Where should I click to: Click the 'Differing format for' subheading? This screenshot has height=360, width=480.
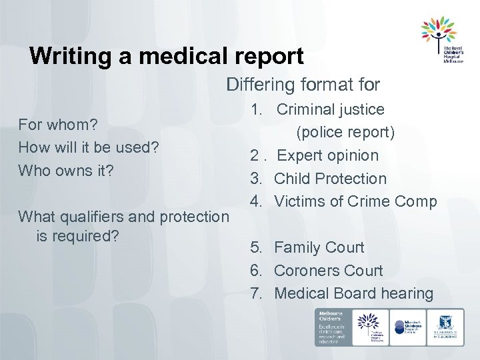[x=303, y=85]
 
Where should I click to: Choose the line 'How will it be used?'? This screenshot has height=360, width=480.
[x=88, y=147]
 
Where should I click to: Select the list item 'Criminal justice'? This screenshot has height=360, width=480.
[x=331, y=109]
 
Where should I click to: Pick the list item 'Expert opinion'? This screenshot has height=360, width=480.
[x=327, y=155]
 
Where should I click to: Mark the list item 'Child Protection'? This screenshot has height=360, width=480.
[x=330, y=179]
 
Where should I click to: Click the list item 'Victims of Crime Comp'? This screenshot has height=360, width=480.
[x=355, y=201]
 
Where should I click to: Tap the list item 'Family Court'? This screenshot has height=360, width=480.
[x=319, y=247]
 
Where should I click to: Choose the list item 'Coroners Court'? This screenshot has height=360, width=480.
[x=328, y=271]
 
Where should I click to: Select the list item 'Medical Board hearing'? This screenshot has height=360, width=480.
[x=353, y=293]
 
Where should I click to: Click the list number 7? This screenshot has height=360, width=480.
[x=256, y=293]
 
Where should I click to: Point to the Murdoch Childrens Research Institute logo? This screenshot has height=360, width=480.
[x=406, y=327]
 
